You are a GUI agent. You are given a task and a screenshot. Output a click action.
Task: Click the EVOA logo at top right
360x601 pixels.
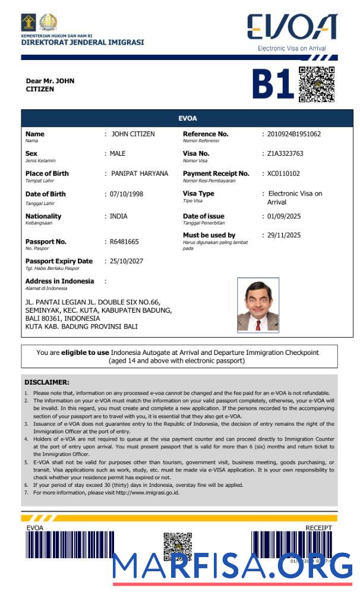pyautogui.click(x=292, y=28)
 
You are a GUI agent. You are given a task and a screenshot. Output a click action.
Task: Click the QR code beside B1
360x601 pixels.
pyautogui.click(x=317, y=84)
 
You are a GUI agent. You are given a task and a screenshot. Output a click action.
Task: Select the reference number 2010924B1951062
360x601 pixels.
pyautogui.click(x=293, y=134)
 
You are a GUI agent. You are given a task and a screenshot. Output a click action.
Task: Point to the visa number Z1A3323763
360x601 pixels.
pyautogui.click(x=285, y=154)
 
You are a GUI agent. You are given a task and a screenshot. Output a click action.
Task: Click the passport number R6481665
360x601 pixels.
pyautogui.click(x=124, y=242)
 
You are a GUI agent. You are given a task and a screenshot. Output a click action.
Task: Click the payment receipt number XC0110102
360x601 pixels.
pyautogui.click(x=283, y=174)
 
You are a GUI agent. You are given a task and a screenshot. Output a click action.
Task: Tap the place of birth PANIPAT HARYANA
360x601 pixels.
pyautogui.click(x=140, y=174)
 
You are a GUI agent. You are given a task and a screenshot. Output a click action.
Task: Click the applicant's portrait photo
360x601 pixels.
pyautogui.click(x=258, y=305)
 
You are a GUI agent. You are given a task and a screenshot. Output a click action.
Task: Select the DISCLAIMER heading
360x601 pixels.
pyautogui.click(x=47, y=382)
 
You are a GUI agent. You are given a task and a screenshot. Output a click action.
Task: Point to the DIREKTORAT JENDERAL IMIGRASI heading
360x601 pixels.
pyautogui.click(x=83, y=43)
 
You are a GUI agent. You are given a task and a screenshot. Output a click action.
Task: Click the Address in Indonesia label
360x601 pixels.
pyautogui.click(x=59, y=281)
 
